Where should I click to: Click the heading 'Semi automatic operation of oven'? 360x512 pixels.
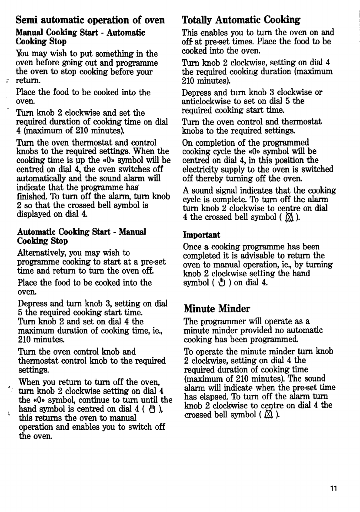(x=90, y=20)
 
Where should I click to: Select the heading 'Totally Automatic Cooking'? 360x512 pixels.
(x=241, y=20)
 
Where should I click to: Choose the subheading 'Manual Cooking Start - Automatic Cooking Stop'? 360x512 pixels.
(x=81, y=37)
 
